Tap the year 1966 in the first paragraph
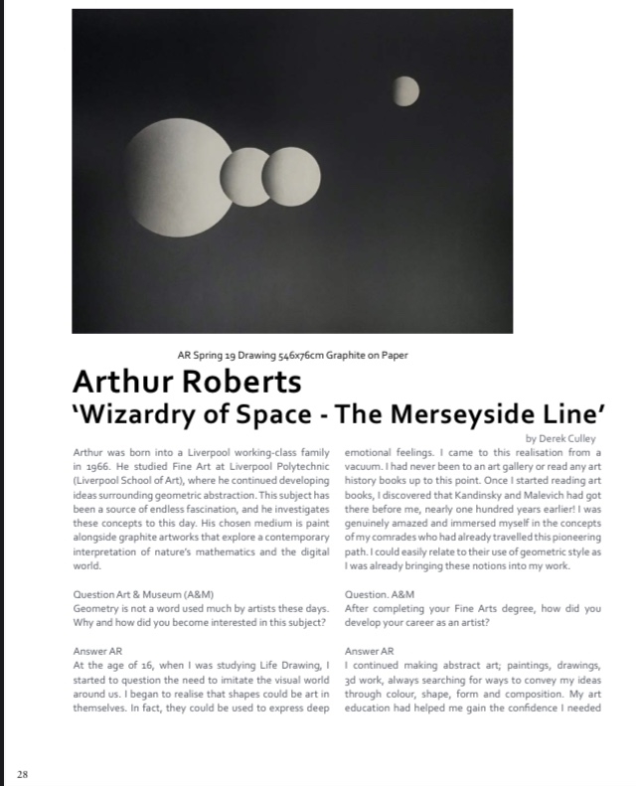(x=98, y=463)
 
